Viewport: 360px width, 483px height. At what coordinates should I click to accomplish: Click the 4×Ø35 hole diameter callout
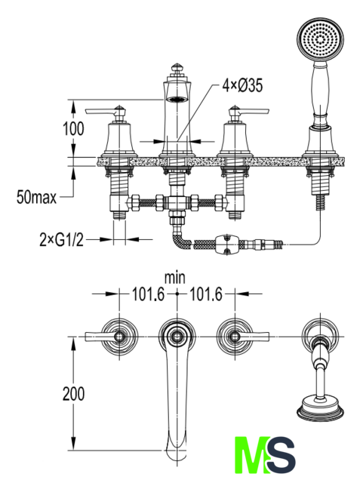point(243,85)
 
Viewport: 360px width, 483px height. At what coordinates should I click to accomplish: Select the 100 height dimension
point(73,128)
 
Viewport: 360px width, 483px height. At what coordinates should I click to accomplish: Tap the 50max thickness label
point(37,197)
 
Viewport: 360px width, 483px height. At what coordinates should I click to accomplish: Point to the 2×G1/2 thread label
point(62,239)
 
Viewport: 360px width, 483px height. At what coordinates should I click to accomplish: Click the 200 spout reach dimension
point(73,394)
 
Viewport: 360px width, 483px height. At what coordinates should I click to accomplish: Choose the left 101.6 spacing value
point(149,294)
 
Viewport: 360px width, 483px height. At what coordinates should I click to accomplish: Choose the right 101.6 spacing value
point(205,294)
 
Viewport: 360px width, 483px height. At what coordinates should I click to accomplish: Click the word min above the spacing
point(175,278)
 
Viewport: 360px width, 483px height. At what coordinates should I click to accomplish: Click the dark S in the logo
point(280,454)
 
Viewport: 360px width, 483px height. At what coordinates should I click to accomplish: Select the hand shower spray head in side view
point(320,39)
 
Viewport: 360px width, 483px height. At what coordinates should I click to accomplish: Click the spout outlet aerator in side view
point(177,99)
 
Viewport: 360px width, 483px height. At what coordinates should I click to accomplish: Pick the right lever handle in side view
point(250,111)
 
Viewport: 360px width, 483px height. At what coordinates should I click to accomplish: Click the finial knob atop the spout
point(177,68)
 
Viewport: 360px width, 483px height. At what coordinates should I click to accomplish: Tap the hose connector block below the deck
point(227,245)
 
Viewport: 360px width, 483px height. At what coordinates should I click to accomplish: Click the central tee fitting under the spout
point(177,202)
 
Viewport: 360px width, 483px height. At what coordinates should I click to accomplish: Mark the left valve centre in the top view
point(119,337)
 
